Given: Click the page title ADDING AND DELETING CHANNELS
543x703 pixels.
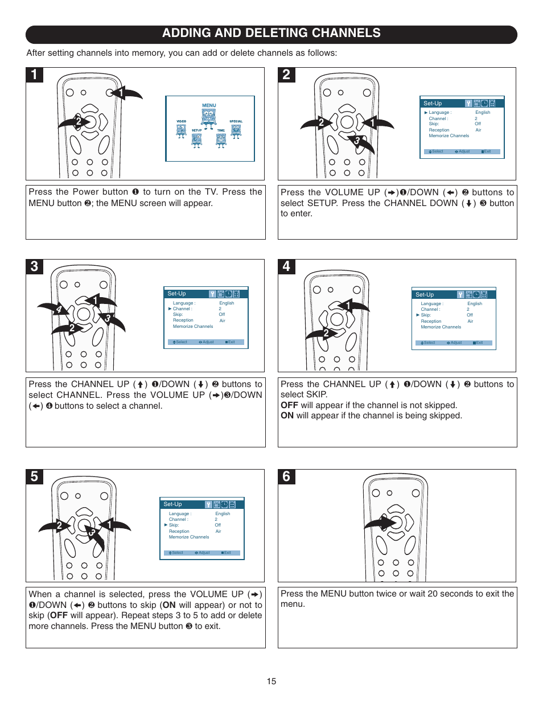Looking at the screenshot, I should click(x=271, y=34).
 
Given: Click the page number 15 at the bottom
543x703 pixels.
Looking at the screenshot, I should click(x=271, y=681).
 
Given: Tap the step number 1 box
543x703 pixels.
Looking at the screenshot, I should click(x=34, y=75).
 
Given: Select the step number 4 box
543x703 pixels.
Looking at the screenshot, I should click(x=286, y=266).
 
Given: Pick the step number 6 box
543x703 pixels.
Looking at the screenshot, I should click(x=286, y=476).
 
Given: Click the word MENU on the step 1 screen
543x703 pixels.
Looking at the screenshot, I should click(x=209, y=105).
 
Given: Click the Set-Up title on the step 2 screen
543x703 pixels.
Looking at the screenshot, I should click(x=433, y=104).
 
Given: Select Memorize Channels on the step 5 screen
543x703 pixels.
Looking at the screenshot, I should click(x=189, y=537).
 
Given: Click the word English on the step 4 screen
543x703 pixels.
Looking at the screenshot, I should click(x=475, y=303).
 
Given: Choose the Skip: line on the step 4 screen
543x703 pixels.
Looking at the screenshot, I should click(x=426, y=315).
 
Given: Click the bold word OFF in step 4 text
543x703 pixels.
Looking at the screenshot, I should click(x=289, y=405).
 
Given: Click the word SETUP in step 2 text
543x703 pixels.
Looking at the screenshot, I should click(x=322, y=203).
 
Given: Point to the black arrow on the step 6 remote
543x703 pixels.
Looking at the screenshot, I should click(x=381, y=523).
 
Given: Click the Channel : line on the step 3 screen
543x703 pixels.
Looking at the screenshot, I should click(x=182, y=309).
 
